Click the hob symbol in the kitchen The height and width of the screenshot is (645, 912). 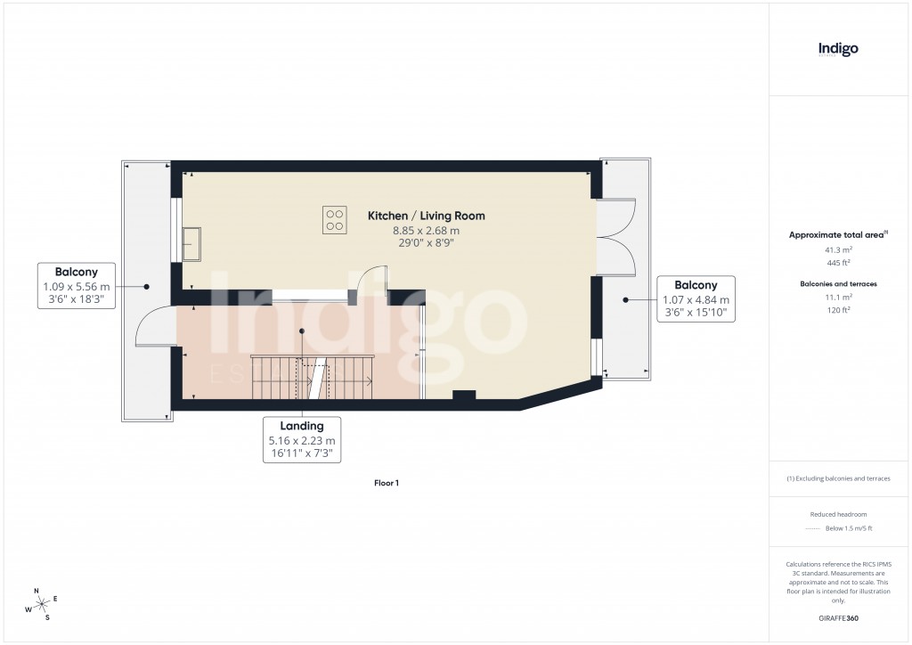(x=335, y=219)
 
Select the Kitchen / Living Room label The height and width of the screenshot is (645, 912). (x=427, y=216)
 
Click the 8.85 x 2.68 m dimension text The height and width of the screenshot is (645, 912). (x=427, y=231)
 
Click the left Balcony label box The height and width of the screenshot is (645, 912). (x=76, y=286)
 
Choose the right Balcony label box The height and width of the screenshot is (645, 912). (x=696, y=299)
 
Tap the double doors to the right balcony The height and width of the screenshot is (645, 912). (x=616, y=237)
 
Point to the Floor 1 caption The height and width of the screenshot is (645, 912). (x=387, y=483)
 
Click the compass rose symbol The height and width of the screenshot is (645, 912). (x=41, y=604)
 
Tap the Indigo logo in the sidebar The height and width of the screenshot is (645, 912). (x=838, y=50)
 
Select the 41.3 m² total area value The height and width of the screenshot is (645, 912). (x=838, y=250)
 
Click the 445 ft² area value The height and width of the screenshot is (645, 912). (x=838, y=263)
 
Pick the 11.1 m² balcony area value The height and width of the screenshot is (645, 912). (x=838, y=297)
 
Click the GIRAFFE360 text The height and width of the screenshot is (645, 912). (x=838, y=618)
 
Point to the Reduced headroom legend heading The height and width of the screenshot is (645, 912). (x=838, y=514)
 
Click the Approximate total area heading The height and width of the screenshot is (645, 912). (x=837, y=234)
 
